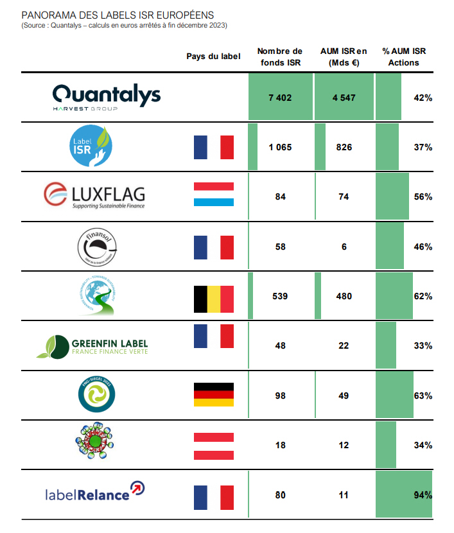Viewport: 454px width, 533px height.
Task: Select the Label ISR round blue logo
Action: click(x=91, y=147)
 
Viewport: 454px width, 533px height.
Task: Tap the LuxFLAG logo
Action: click(x=94, y=196)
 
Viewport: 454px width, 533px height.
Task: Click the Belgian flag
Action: click(x=214, y=298)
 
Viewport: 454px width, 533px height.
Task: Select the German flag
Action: click(x=214, y=395)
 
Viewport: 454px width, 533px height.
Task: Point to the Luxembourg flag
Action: click(x=214, y=197)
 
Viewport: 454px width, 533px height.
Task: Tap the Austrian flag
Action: click(x=214, y=444)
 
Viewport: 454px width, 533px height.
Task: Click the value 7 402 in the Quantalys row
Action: click(x=280, y=98)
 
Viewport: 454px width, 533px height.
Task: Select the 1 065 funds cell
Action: click(x=280, y=147)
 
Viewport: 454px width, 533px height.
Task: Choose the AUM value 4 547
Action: click(x=344, y=98)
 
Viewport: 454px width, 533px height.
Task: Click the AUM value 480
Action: click(x=344, y=297)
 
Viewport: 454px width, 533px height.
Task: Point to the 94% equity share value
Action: click(x=423, y=494)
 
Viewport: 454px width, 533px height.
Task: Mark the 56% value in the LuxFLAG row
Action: click(x=423, y=197)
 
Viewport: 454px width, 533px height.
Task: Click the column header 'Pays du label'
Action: click(x=213, y=57)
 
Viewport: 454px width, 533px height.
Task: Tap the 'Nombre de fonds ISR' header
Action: click(x=279, y=57)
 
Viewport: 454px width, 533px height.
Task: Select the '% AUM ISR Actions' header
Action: click(x=404, y=57)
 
